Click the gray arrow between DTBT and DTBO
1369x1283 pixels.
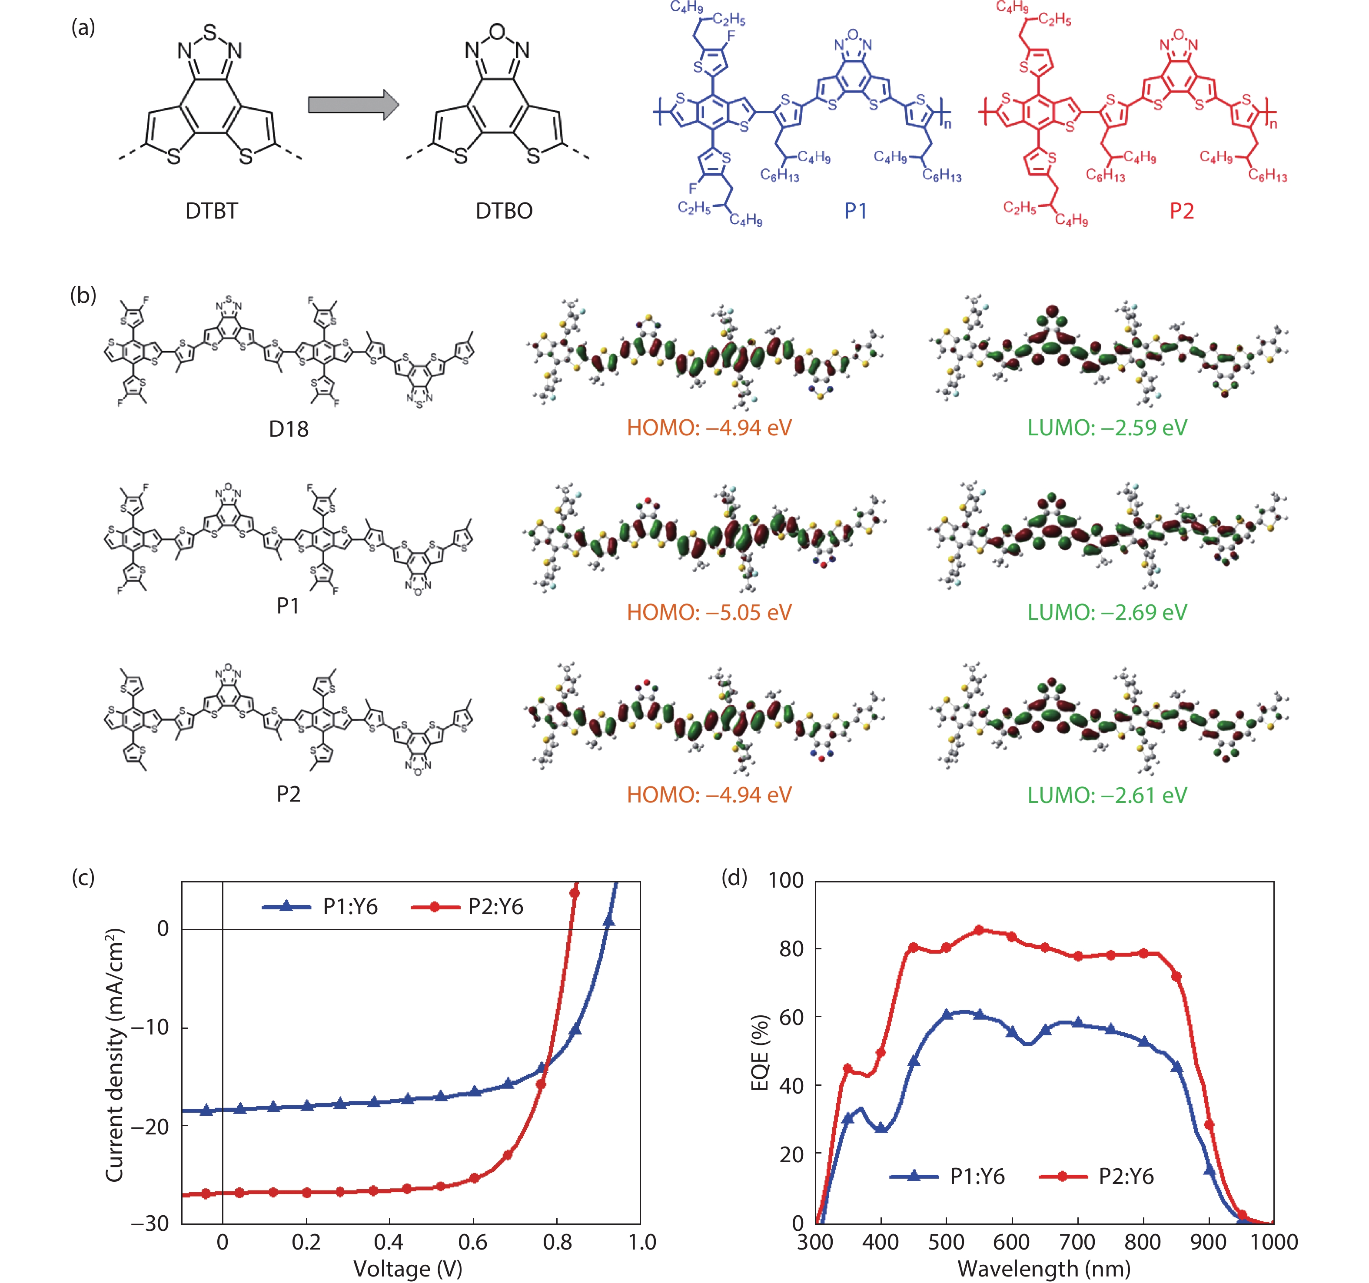[352, 105]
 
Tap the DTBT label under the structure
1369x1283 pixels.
[211, 211]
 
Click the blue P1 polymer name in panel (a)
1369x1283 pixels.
[855, 211]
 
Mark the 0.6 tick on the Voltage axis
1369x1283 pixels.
[473, 1243]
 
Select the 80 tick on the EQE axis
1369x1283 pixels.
[791, 948]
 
